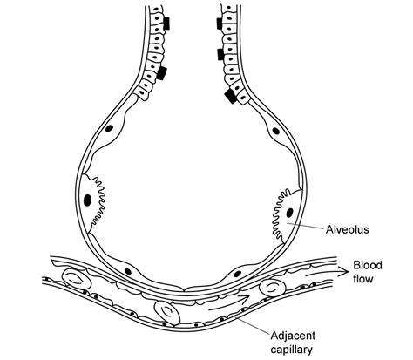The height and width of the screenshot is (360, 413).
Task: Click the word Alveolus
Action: coord(347,229)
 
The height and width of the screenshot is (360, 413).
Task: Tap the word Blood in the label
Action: coord(368,265)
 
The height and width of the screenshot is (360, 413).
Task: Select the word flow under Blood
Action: coord(362,279)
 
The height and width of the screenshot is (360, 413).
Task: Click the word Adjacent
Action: coord(293,336)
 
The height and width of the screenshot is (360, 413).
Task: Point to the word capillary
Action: coord(292,350)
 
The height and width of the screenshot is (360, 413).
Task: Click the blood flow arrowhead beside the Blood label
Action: coord(343,272)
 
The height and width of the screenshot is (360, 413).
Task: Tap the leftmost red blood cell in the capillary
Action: coord(77,279)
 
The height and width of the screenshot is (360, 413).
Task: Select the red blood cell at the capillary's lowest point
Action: coord(167,313)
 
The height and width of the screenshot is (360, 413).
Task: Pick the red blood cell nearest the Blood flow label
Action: coord(273,288)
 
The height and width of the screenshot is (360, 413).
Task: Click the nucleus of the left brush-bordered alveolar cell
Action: coord(88,200)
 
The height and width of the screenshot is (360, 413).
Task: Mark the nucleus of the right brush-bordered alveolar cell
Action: coord(289,213)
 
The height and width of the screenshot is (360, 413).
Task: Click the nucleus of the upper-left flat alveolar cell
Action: coord(109,128)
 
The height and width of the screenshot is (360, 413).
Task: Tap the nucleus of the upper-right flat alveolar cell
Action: coord(275,131)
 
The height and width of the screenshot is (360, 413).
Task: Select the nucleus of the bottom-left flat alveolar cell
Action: coord(128,271)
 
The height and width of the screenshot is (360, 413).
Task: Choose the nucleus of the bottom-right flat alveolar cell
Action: coord(237,274)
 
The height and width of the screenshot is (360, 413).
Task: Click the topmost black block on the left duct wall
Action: coord(166,24)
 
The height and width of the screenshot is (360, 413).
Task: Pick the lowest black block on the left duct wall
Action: coord(162,73)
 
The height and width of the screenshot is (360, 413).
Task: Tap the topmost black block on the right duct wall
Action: coord(220,24)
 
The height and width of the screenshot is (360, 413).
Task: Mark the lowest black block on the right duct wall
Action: coord(232,95)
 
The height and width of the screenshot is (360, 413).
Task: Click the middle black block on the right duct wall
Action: coord(220,55)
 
